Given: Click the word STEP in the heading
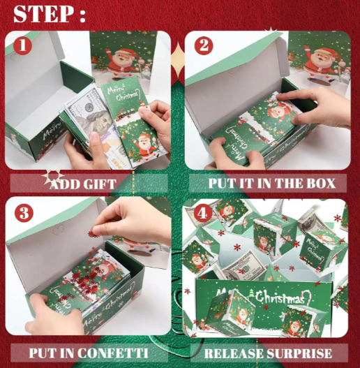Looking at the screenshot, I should (43, 13).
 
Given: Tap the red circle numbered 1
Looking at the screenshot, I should (22, 46).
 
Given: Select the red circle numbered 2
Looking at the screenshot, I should (203, 46).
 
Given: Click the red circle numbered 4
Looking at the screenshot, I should (203, 214).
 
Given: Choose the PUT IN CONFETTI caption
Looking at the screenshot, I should (89, 353).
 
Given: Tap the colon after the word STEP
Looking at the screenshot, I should (82, 15).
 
